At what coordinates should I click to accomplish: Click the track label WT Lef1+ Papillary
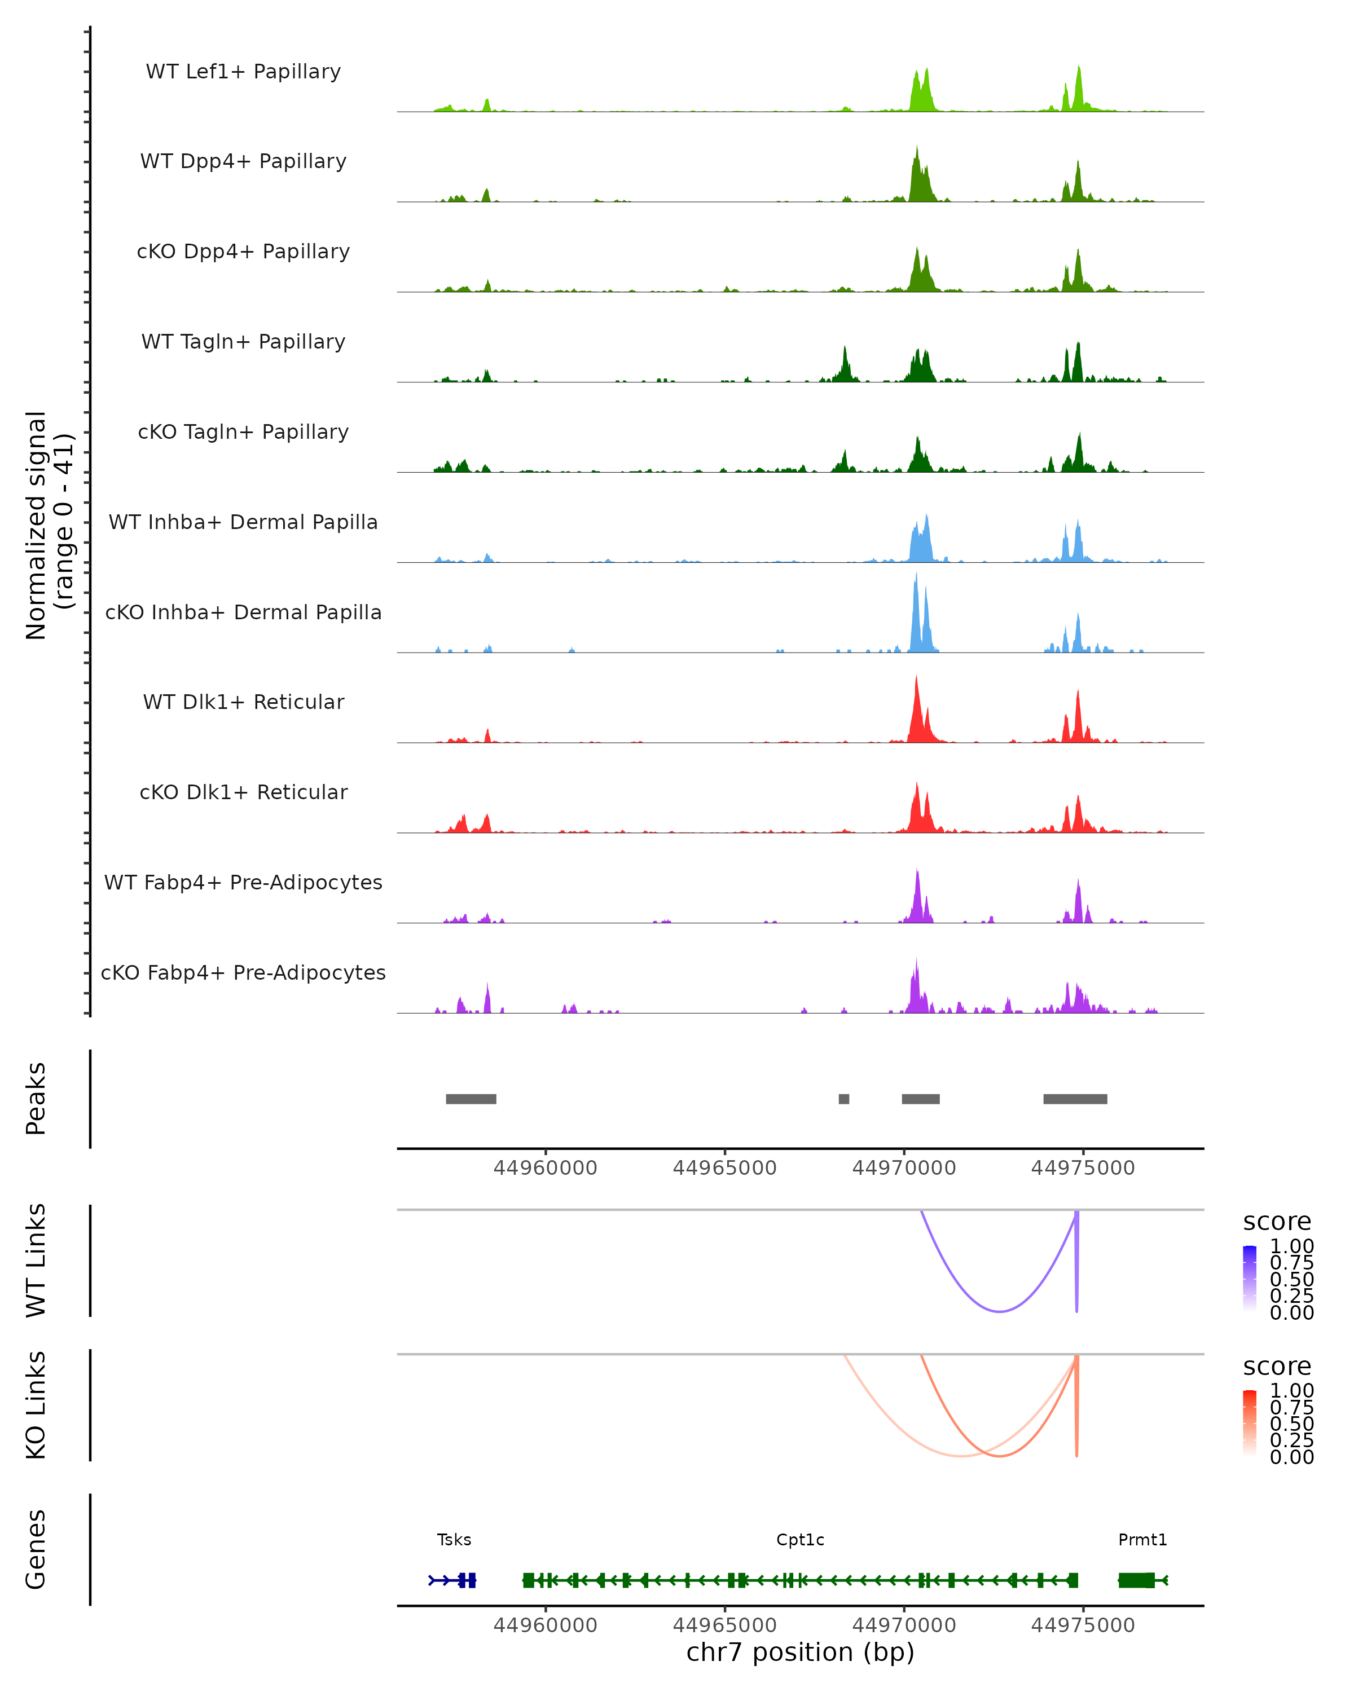tap(243, 72)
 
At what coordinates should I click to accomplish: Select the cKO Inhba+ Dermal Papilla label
tap(243, 612)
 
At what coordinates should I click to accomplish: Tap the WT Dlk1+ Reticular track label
tap(243, 702)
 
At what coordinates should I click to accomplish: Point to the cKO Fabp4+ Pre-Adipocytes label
tap(243, 972)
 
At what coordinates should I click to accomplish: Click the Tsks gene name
tap(454, 1539)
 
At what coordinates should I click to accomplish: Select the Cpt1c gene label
tap(800, 1539)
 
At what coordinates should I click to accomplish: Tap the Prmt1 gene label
tap(1142, 1539)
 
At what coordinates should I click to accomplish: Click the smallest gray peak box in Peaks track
tap(844, 1099)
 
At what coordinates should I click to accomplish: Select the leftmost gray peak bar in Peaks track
tap(471, 1099)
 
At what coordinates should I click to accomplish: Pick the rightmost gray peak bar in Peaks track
tap(1075, 1099)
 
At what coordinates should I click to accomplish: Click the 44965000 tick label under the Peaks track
tap(724, 1168)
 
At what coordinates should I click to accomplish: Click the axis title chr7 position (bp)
tap(800, 1652)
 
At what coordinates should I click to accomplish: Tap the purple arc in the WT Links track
tap(999, 1311)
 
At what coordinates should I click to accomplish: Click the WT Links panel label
tap(36, 1259)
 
